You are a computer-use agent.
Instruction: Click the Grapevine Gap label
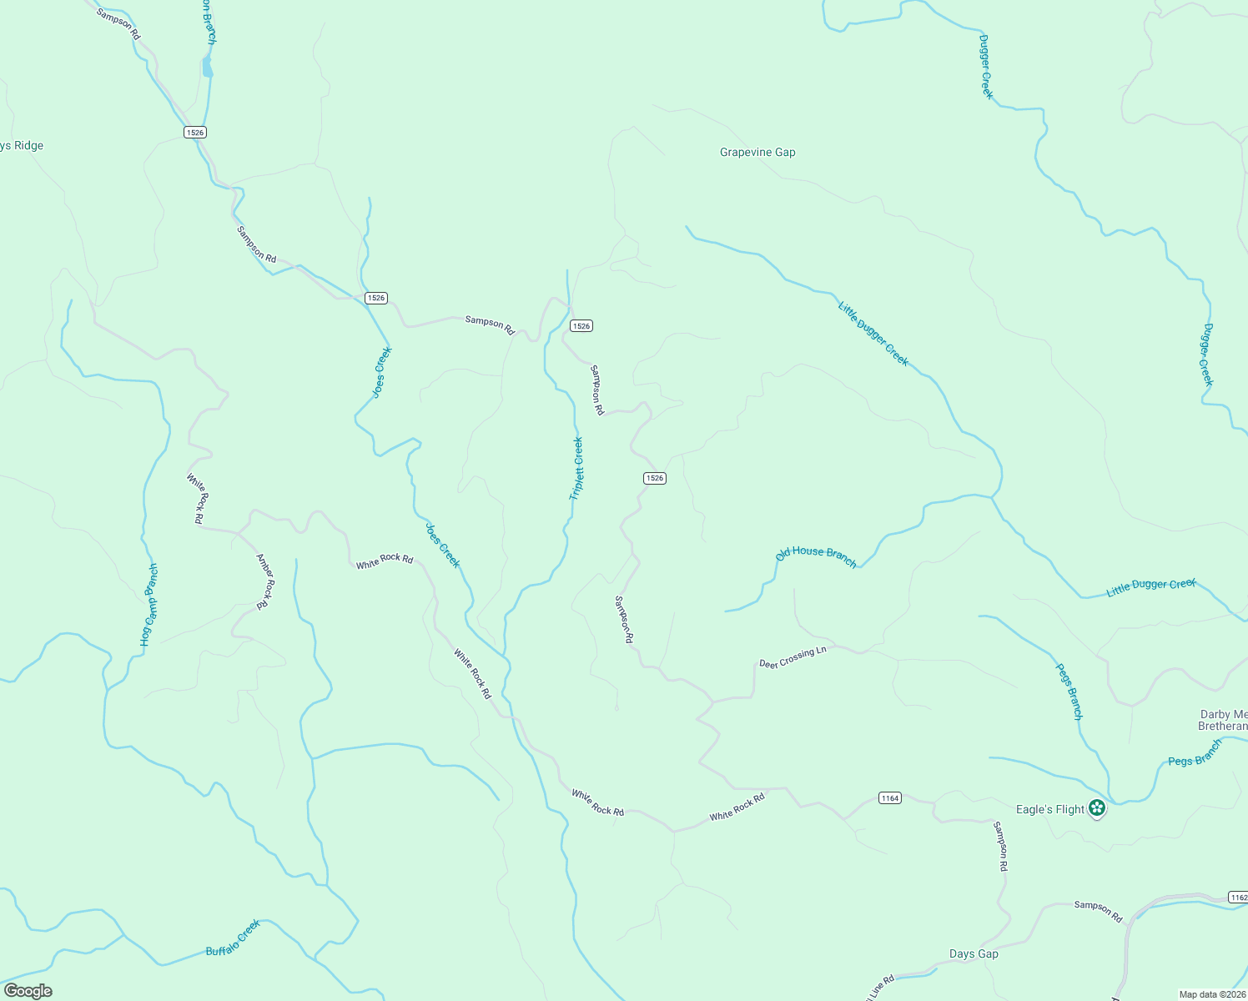[757, 152]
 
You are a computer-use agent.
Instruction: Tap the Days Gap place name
[974, 953]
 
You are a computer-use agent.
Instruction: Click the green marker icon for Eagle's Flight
[1097, 807]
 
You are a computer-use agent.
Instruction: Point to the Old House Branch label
[816, 556]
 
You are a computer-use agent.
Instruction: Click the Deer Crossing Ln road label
[793, 657]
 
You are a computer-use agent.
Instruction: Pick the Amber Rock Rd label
[264, 581]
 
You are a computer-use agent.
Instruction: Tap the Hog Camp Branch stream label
[148, 605]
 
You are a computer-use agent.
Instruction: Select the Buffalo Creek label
[234, 938]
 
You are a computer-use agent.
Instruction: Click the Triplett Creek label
[576, 468]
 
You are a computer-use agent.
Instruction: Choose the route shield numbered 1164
[890, 798]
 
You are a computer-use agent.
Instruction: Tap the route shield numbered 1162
[1237, 898]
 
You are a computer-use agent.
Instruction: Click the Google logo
[28, 991]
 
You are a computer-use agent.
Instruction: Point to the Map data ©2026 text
[1212, 994]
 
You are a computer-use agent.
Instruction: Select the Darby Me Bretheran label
[1223, 720]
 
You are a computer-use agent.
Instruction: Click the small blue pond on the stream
[207, 68]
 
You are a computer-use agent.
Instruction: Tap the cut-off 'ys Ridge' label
[22, 145]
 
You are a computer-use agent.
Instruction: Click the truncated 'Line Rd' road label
[879, 987]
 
